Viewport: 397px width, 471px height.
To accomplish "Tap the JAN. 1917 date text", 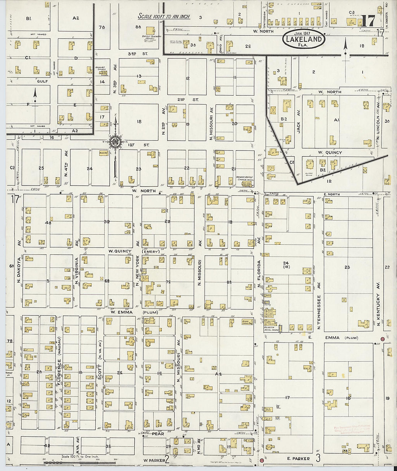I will tap(304, 34).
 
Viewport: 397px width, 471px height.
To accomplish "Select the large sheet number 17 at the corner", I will tap(368, 21).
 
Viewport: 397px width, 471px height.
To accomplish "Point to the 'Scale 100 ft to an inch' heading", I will tap(164, 17).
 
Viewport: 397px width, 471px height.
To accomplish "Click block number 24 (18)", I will tap(287, 265).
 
